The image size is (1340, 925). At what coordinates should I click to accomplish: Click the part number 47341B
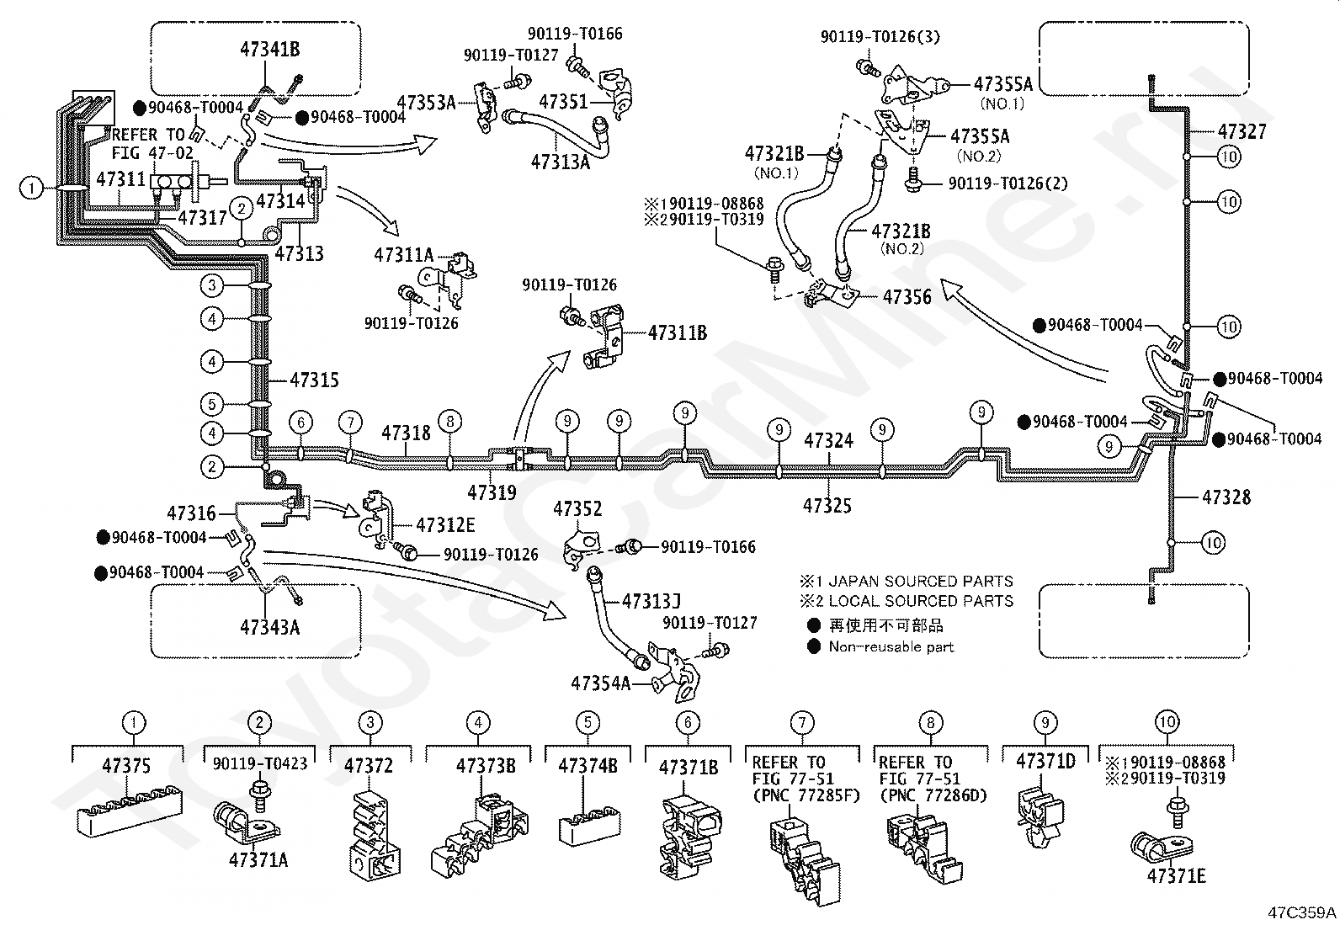pyautogui.click(x=270, y=49)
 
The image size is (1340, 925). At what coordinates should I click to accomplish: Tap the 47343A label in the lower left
pyautogui.click(x=270, y=627)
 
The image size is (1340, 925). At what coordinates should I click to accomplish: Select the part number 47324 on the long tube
pyautogui.click(x=828, y=440)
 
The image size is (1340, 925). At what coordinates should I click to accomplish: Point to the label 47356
pyautogui.click(x=907, y=297)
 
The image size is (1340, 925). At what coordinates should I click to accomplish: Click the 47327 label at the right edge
pyautogui.click(x=1242, y=131)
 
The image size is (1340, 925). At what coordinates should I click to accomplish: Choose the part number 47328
pyautogui.click(x=1226, y=497)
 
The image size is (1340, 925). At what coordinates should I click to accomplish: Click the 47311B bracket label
pyautogui.click(x=678, y=332)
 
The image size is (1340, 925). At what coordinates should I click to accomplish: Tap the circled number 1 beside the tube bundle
pyautogui.click(x=31, y=189)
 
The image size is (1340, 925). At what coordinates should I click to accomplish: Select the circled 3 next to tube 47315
pyautogui.click(x=212, y=284)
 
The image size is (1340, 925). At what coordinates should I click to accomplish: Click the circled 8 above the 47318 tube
pyautogui.click(x=449, y=421)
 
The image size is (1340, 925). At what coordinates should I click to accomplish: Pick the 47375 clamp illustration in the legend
pyautogui.click(x=130, y=811)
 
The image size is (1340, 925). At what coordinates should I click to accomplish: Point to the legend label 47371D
pyautogui.click(x=1045, y=761)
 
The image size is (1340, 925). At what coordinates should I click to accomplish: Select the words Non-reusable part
pyautogui.click(x=891, y=646)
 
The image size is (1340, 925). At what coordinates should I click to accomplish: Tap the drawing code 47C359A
pyautogui.click(x=1302, y=912)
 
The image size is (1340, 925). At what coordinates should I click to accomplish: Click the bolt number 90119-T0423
pyautogui.click(x=260, y=763)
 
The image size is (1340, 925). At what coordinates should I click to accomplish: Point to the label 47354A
pyautogui.click(x=601, y=683)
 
